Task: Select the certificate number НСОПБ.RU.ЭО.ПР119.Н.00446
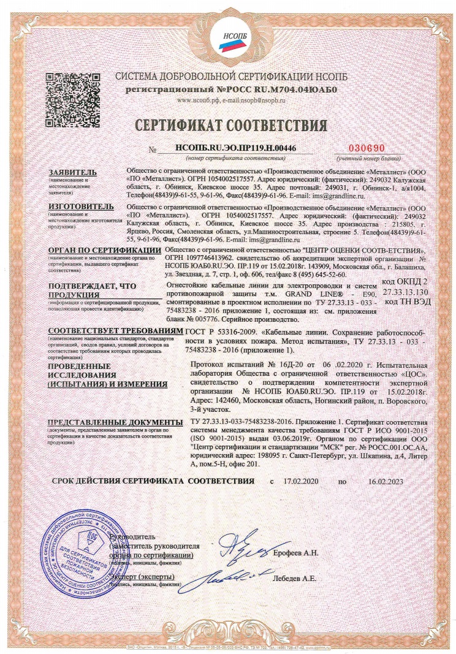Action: tap(227, 148)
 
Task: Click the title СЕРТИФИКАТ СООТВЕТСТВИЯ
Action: tap(227, 126)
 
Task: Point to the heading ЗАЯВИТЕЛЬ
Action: tap(72, 172)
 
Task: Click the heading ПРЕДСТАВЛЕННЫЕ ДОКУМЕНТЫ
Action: tap(115, 423)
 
